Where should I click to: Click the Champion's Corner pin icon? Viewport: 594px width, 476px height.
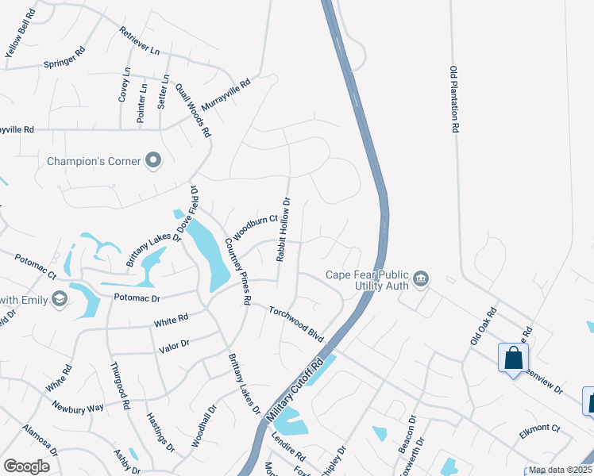point(154,161)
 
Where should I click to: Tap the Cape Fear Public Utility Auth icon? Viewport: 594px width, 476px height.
point(421,278)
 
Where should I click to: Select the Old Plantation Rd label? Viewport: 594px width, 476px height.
point(454,99)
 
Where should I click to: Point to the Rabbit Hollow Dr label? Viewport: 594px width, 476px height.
point(284,230)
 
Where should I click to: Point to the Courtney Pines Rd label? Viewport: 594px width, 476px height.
point(237,271)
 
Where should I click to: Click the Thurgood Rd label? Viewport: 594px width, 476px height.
point(120,386)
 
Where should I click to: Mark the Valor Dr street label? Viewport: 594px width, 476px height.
point(173,344)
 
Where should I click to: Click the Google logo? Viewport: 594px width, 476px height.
point(26,466)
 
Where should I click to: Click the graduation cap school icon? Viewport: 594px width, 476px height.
point(59,298)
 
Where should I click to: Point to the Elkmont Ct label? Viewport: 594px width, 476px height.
point(539,429)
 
